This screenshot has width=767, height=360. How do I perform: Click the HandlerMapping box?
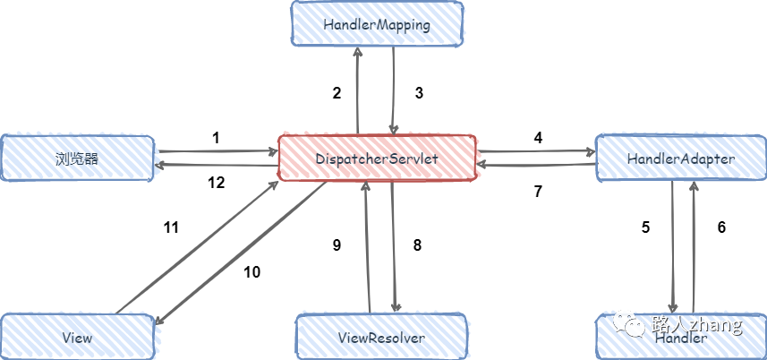tap(378, 24)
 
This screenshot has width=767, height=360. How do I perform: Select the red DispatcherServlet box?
tap(377, 158)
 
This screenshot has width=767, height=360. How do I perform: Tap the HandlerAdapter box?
tap(680, 159)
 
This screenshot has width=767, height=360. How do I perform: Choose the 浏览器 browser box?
tap(77, 159)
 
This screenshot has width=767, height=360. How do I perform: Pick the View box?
tap(79, 338)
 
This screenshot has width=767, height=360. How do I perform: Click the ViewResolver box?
tap(382, 338)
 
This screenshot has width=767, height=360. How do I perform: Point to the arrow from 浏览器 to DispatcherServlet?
tap(215, 151)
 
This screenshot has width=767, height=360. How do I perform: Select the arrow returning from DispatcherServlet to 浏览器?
tap(215, 165)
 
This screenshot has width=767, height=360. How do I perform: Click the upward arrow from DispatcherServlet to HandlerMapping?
tap(357, 90)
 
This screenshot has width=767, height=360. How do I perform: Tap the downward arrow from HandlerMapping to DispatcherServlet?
tap(393, 90)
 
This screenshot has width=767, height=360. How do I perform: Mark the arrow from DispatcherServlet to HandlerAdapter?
tap(535, 151)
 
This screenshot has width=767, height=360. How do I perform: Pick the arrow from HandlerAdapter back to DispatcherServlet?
tap(535, 165)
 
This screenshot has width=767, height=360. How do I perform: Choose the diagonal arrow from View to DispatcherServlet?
tap(197, 246)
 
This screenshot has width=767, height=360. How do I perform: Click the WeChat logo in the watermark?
tap(632, 324)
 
